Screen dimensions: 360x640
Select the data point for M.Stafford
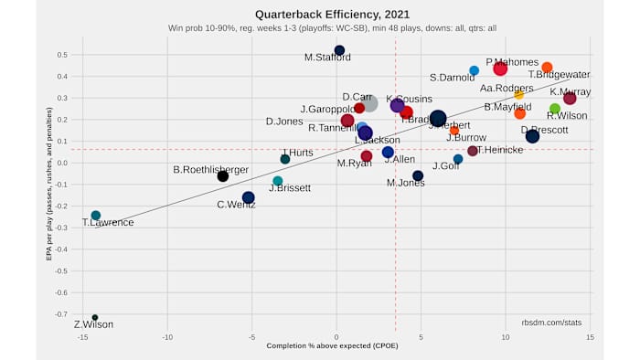pos(339,50)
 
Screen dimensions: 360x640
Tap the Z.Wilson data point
pos(94,317)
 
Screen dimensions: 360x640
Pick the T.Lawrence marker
pos(95,216)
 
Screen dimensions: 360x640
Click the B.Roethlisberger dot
pos(222,175)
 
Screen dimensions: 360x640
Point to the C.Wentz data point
pos(249,197)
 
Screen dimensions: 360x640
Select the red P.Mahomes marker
pos(500,69)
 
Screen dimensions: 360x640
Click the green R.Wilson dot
pos(554,109)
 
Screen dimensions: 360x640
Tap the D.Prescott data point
pos(532,136)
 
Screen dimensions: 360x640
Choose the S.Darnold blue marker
pos(474,70)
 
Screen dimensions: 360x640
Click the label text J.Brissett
pos(290,188)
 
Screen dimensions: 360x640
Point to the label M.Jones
pos(406,183)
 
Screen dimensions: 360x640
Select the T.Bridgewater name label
pos(559,75)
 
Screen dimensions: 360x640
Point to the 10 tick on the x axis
pos(506,337)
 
